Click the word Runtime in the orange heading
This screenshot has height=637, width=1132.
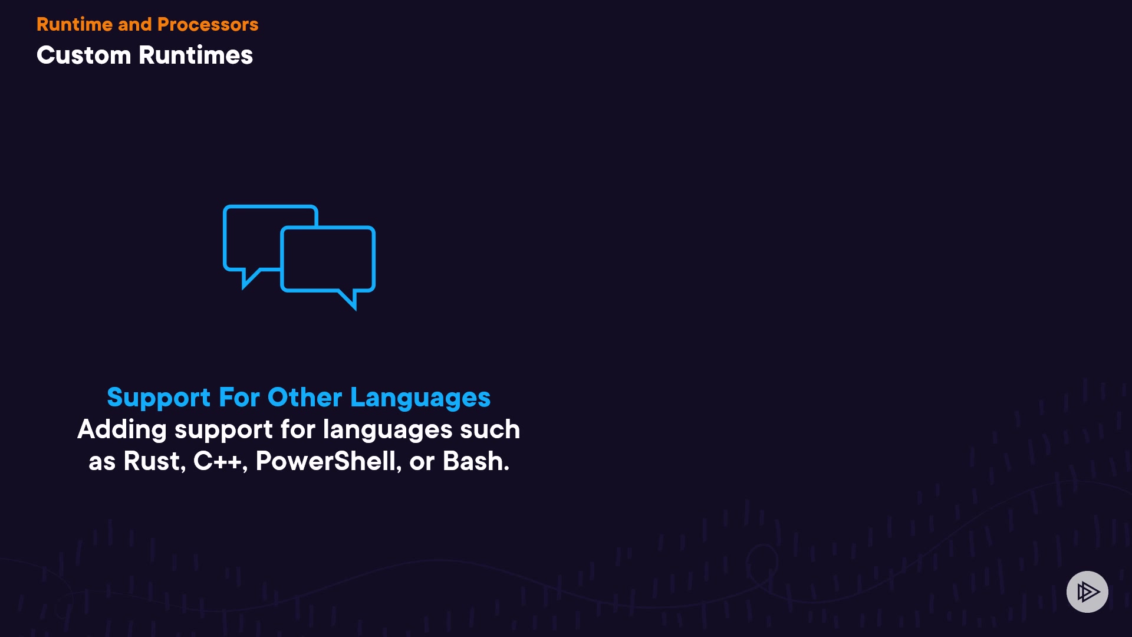click(x=74, y=24)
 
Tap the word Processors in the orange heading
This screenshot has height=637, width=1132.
click(x=208, y=24)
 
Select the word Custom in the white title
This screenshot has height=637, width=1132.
click(x=84, y=55)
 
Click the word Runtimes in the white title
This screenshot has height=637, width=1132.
click(x=195, y=55)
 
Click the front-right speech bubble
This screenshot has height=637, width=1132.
click(x=328, y=228)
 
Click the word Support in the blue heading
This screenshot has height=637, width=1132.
click(x=159, y=398)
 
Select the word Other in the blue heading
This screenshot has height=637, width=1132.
click(x=304, y=397)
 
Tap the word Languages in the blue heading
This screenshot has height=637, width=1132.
click(x=420, y=398)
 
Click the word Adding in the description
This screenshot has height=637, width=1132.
click(x=122, y=430)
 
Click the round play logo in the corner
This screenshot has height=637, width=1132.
click(x=1087, y=592)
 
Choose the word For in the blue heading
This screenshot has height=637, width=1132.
click(x=239, y=397)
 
